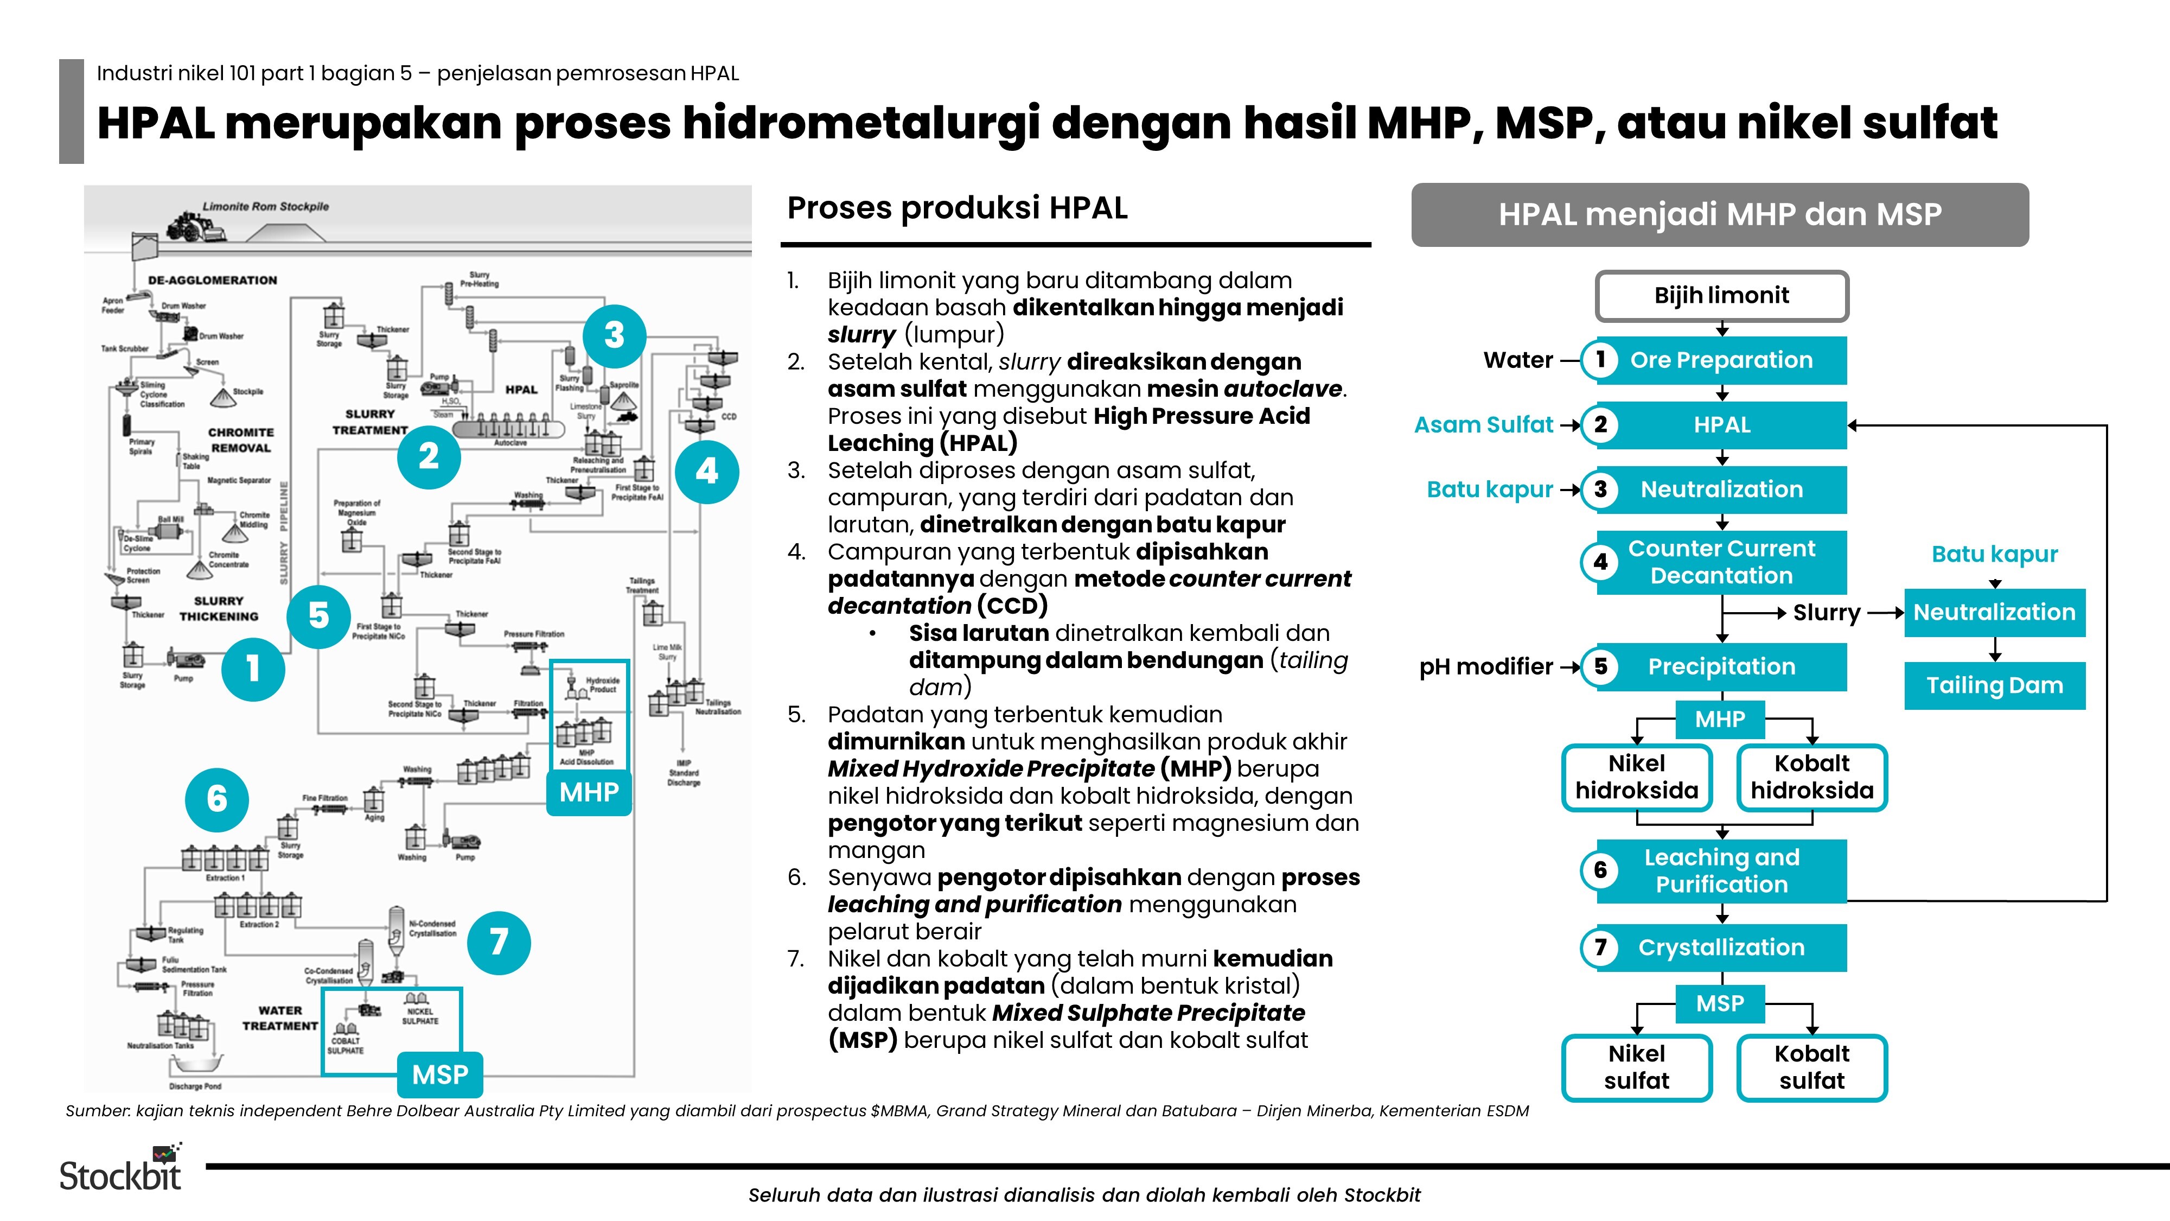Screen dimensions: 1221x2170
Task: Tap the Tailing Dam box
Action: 1994,685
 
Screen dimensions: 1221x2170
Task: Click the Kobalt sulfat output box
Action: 1811,1067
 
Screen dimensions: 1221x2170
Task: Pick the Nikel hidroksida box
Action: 1636,777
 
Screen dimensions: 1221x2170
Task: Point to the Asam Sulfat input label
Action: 1483,425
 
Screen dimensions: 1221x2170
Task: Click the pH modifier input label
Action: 1485,666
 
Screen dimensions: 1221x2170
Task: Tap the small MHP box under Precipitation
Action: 1719,720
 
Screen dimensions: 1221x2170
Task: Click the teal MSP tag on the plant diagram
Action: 440,1074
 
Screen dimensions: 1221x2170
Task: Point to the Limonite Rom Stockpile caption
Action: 265,206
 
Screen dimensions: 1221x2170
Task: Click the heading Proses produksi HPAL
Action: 957,208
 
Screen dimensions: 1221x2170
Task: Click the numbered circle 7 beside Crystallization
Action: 1600,947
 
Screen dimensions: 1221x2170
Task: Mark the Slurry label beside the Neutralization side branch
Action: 1826,613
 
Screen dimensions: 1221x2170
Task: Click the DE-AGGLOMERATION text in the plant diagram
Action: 212,281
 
